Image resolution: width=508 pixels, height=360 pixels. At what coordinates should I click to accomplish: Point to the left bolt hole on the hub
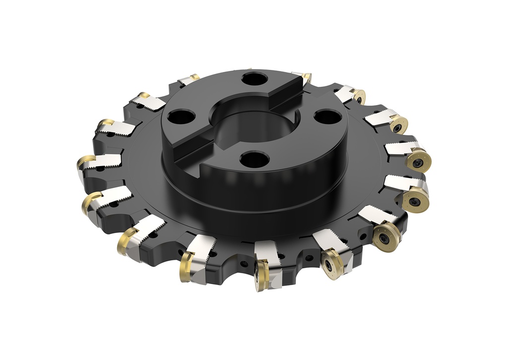[x=178, y=118]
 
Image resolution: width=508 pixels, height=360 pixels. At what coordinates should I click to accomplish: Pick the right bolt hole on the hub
[x=325, y=118]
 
